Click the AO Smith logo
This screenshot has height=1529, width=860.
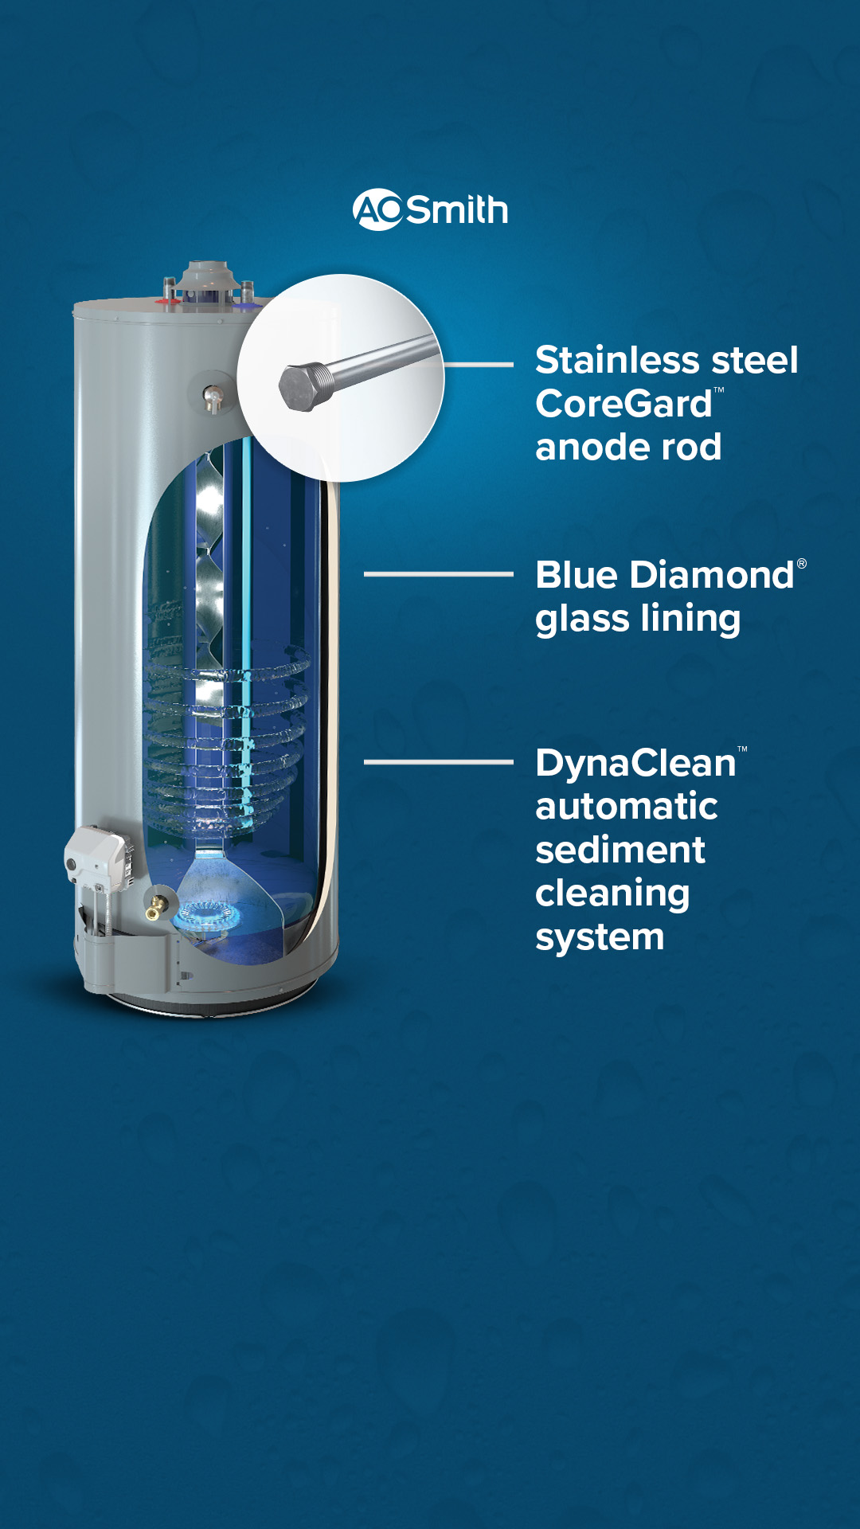[x=430, y=209]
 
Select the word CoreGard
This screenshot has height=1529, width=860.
[x=623, y=404]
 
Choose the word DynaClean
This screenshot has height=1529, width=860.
[x=635, y=763]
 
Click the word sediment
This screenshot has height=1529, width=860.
[x=620, y=850]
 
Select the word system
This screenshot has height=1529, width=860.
[x=600, y=938]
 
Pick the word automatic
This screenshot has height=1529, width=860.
[x=627, y=807]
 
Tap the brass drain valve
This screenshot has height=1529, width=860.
[x=157, y=906]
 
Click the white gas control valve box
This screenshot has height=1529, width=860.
[x=97, y=857]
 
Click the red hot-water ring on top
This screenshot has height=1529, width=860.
[x=167, y=302]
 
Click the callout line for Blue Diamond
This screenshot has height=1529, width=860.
[x=439, y=573]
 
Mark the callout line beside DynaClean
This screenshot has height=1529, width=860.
[x=439, y=762]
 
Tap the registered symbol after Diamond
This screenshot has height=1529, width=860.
[x=802, y=564]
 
